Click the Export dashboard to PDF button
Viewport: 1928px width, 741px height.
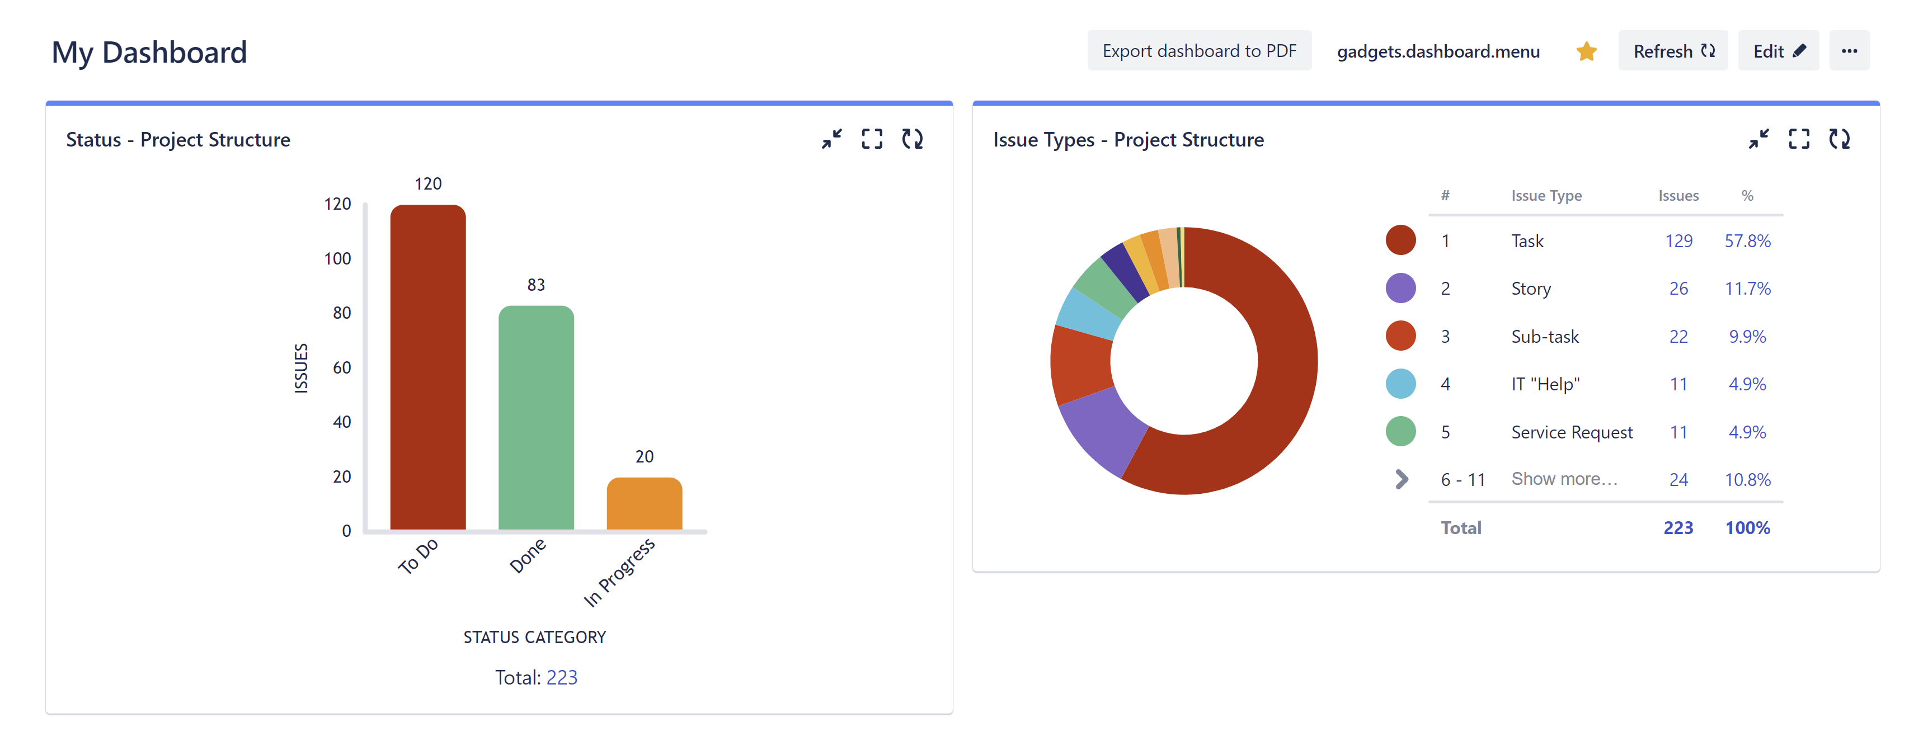click(x=1198, y=51)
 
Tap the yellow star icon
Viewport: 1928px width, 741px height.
click(x=1586, y=51)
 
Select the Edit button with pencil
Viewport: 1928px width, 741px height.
click(x=1777, y=51)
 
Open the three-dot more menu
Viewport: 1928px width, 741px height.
click(x=1849, y=51)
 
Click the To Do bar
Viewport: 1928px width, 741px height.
click(x=427, y=367)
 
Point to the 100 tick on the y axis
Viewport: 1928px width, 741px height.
click(x=337, y=259)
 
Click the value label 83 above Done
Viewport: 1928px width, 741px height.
click(x=536, y=285)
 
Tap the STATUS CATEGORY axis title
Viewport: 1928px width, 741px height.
click(x=534, y=637)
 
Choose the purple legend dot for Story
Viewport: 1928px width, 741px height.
click(x=1400, y=288)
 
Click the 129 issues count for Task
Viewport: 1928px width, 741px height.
click(x=1678, y=241)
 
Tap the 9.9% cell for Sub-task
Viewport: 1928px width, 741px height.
click(x=1747, y=337)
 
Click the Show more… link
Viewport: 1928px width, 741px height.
click(x=1564, y=479)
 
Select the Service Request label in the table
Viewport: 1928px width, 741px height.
click(x=1571, y=432)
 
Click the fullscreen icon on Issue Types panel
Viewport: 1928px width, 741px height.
click(x=1799, y=139)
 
